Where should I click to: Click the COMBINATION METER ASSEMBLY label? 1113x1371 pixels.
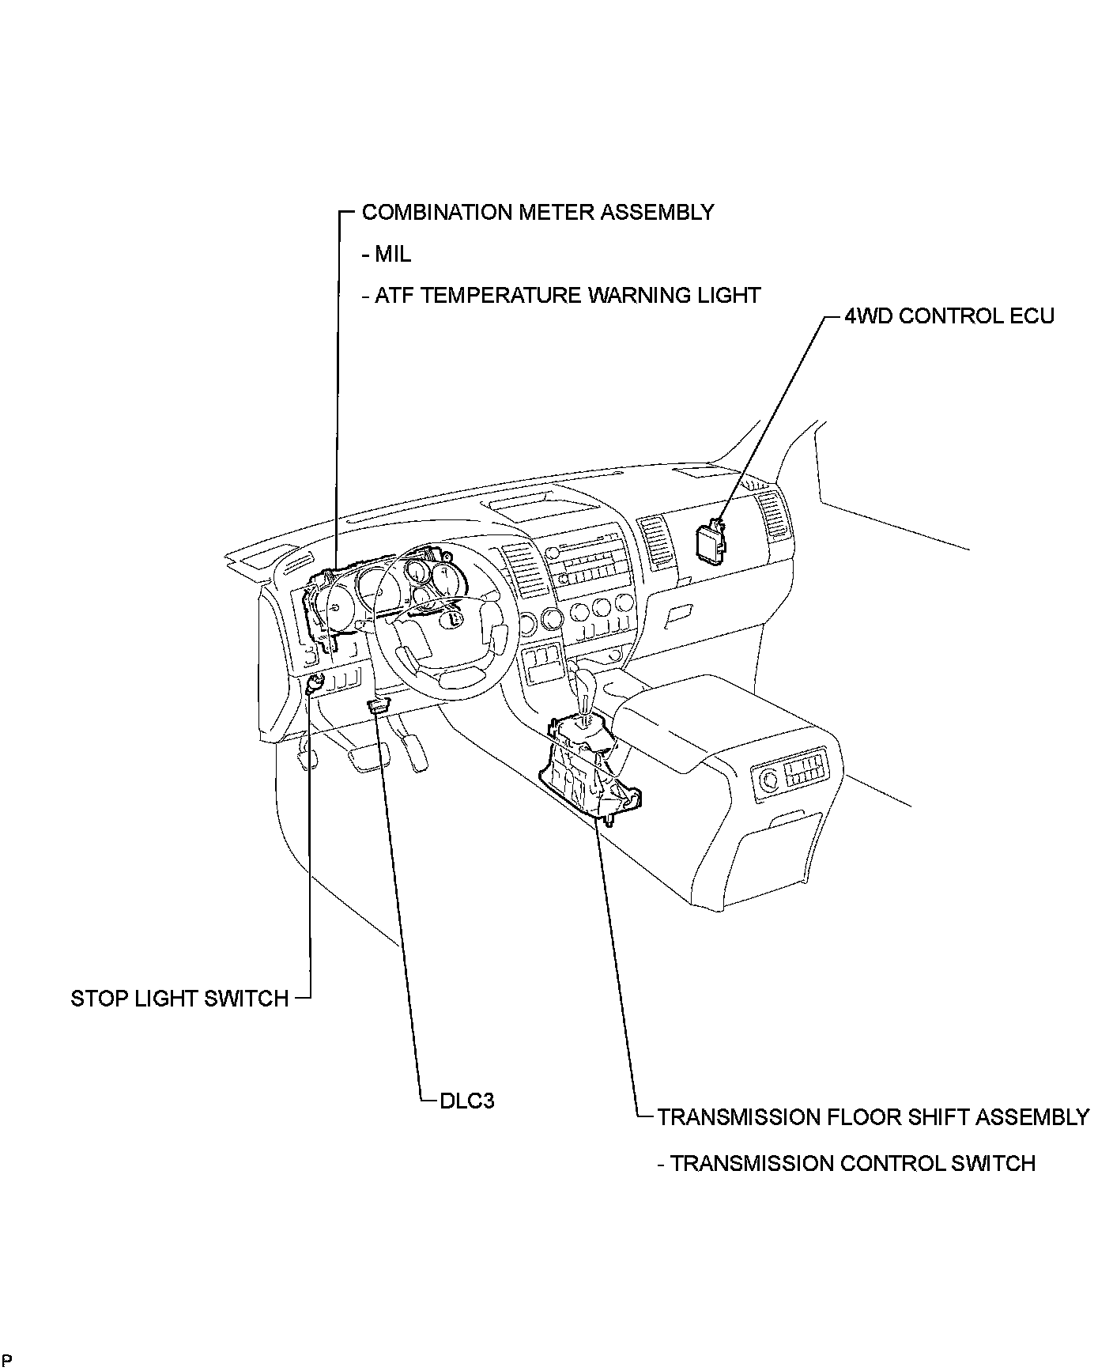[x=538, y=212]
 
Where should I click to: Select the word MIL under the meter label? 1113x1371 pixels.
[x=393, y=254]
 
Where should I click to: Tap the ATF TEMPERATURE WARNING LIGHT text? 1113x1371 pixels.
[x=567, y=295]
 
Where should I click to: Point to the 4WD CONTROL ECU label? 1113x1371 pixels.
[x=949, y=315]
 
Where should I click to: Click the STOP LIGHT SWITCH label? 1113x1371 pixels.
[x=179, y=998]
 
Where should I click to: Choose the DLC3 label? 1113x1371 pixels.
[x=466, y=1100]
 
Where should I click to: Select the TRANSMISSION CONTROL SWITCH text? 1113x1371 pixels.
[x=852, y=1163]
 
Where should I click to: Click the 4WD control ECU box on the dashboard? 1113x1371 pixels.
[x=709, y=543]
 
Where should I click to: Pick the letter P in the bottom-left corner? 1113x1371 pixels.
[x=7, y=1359]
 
